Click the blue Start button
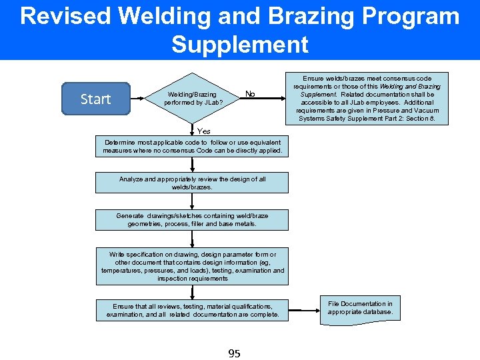(x=95, y=99)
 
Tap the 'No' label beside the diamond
(x=250, y=94)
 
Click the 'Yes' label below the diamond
(x=204, y=131)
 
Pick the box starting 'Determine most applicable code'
(x=192, y=147)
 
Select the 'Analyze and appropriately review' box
(x=192, y=183)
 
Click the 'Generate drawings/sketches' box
(x=192, y=220)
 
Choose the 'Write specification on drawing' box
(x=192, y=266)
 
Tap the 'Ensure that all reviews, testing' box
(x=192, y=309)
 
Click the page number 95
(x=234, y=353)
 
